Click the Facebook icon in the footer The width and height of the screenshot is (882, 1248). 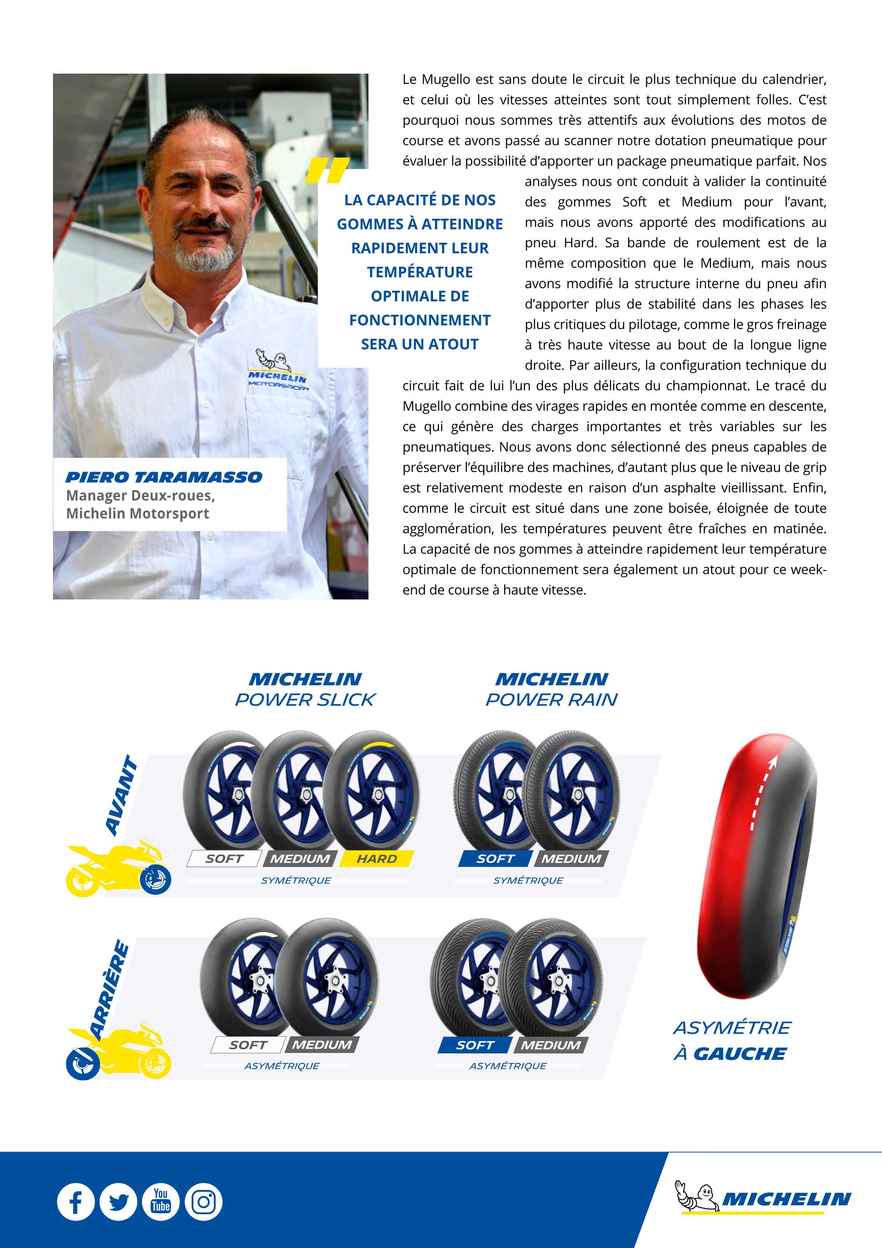pos(75,1202)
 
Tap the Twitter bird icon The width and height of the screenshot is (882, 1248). pos(118,1202)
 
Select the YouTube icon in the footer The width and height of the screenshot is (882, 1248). pos(161,1202)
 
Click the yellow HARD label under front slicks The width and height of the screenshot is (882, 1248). pos(377,859)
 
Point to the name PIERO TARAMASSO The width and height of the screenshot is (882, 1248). pos(164,477)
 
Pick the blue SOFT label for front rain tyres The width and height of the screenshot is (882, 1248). pos(495,859)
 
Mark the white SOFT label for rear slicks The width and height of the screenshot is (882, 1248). pos(248,1045)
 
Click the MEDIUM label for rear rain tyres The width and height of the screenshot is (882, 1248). pos(551,1045)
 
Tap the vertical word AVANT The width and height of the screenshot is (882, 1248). pos(122,795)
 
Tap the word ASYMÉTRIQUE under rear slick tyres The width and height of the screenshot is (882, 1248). pos(282,1066)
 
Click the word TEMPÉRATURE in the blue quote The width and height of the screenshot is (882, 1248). pos(420,272)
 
